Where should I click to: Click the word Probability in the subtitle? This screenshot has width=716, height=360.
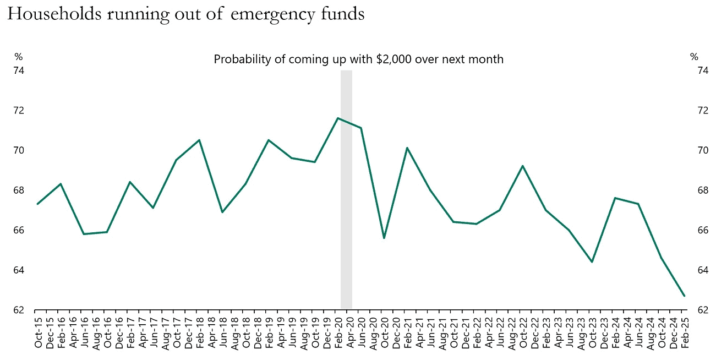pyautogui.click(x=242, y=59)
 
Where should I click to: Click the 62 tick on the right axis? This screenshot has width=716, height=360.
pyautogui.click(x=702, y=310)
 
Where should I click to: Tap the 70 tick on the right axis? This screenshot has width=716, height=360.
pyautogui.click(x=702, y=150)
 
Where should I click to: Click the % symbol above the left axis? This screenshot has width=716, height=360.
pyautogui.click(x=19, y=56)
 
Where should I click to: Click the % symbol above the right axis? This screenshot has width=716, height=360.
pyautogui.click(x=694, y=56)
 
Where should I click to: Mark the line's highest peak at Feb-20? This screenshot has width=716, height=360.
pyautogui.click(x=337, y=118)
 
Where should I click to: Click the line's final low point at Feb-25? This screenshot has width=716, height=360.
pyautogui.click(x=684, y=296)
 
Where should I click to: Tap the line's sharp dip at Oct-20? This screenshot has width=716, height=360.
pyautogui.click(x=384, y=238)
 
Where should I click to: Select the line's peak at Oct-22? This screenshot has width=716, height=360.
pyautogui.click(x=522, y=166)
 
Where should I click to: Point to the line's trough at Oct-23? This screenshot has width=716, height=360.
pyautogui.click(x=592, y=262)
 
